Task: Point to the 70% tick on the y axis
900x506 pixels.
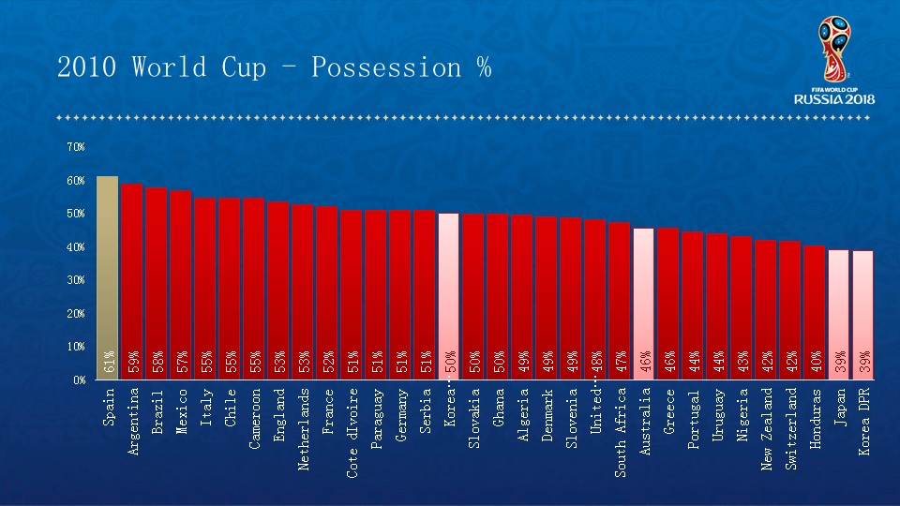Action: (x=76, y=147)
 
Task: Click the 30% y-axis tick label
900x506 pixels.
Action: (x=76, y=280)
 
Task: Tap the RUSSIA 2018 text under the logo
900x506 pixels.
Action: (x=834, y=98)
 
